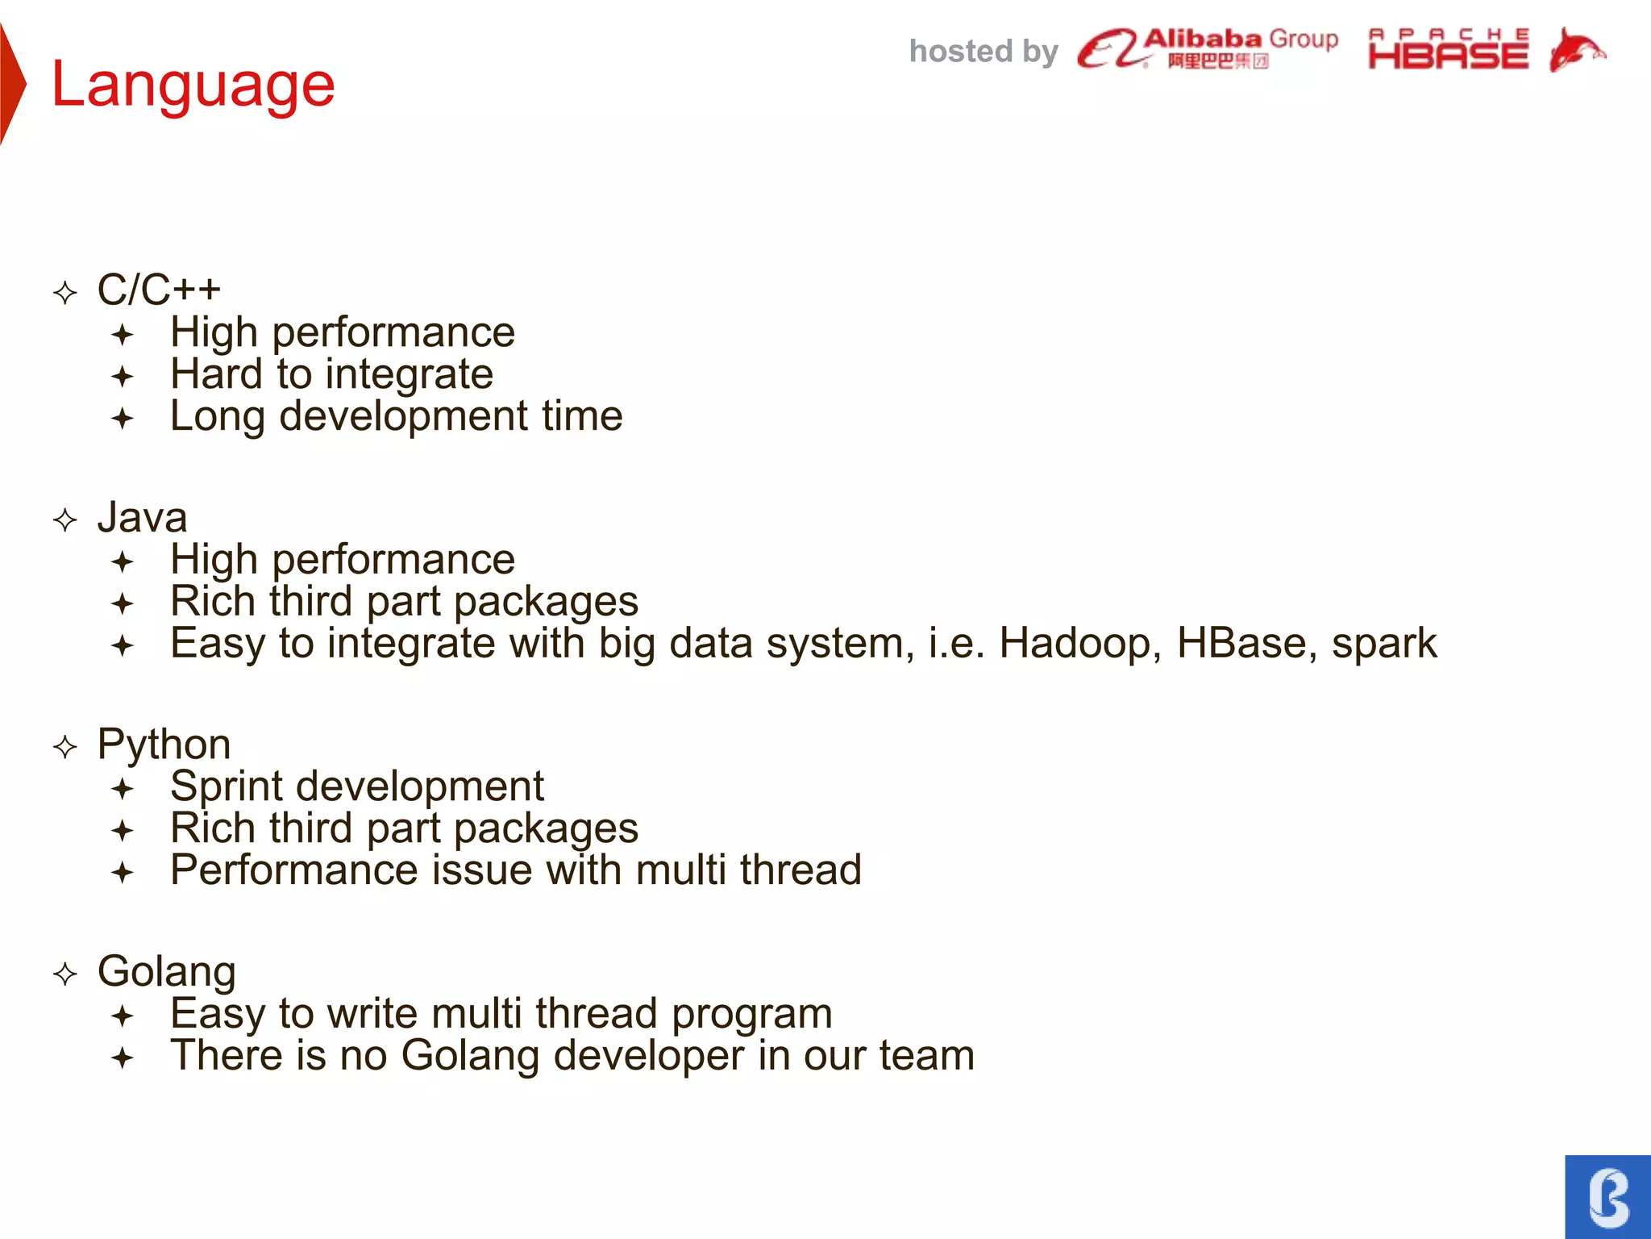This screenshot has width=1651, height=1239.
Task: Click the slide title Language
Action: coord(193,86)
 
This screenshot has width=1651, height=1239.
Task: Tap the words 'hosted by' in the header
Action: coord(983,52)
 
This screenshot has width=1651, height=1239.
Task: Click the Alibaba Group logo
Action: coord(1207,48)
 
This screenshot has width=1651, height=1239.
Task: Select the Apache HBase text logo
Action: coord(1448,50)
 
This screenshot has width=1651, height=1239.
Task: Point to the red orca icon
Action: coord(1575,50)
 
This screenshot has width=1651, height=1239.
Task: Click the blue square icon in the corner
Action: coord(1607,1196)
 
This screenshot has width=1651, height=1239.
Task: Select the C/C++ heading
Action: coord(159,290)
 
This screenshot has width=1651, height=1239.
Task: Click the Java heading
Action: coord(142,517)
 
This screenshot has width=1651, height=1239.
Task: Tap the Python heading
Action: coord(164,744)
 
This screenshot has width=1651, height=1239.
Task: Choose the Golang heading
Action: coord(166,971)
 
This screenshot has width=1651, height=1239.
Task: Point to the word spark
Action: coord(1383,644)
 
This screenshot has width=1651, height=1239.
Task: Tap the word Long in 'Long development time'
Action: coord(217,417)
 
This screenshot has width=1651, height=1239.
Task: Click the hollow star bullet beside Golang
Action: coord(65,974)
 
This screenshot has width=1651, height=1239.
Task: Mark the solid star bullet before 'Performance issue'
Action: coord(123,872)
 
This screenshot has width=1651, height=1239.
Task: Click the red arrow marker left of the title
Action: coord(12,84)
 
